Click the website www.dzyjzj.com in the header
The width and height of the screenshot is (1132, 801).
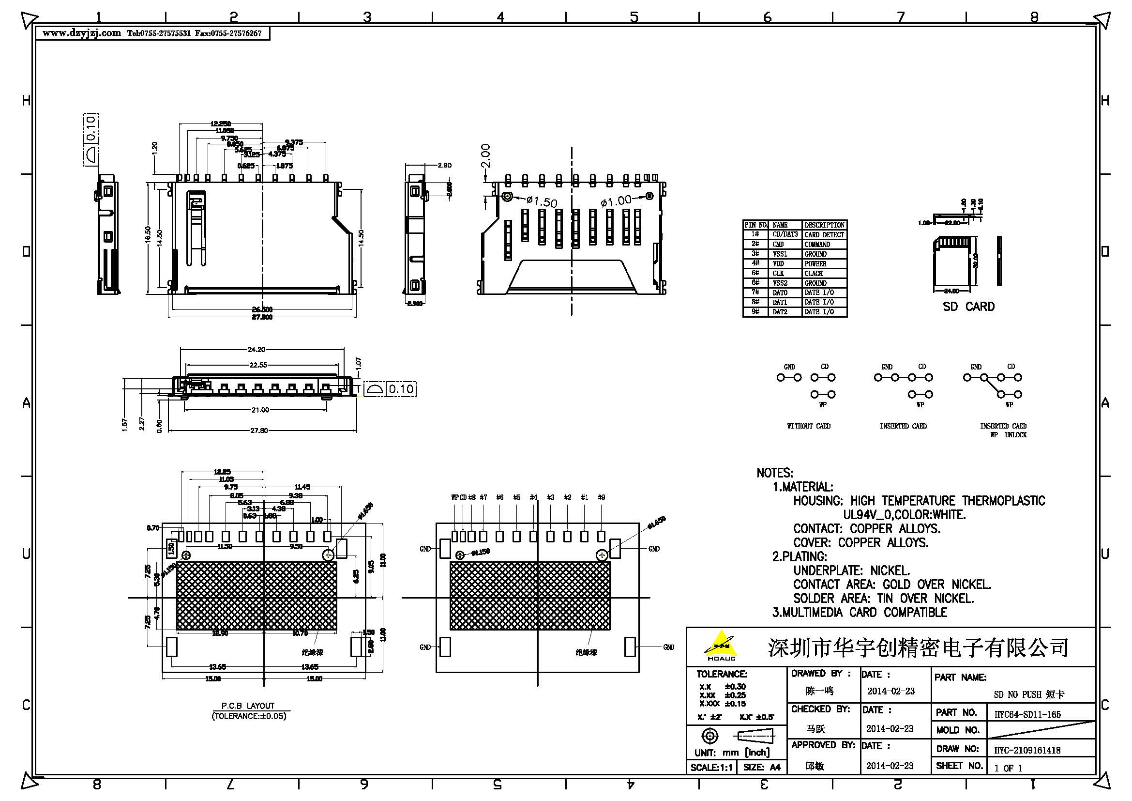[81, 33]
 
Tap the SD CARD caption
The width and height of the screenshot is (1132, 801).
[968, 307]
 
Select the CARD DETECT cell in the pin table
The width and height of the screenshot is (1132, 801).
[824, 235]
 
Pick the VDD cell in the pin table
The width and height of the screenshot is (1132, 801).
[779, 264]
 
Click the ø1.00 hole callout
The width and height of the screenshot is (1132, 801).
[616, 201]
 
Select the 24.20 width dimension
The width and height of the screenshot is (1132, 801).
[257, 350]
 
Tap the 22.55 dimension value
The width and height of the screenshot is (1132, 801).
[258, 365]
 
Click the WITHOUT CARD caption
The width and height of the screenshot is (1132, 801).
[809, 426]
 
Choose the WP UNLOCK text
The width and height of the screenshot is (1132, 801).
[1008, 435]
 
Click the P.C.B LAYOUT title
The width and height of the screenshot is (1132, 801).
[248, 706]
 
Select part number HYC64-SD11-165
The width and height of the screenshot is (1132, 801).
[1027, 714]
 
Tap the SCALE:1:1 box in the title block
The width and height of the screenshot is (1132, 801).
[711, 768]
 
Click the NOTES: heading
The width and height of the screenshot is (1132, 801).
[774, 473]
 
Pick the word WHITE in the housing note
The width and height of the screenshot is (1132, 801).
[946, 515]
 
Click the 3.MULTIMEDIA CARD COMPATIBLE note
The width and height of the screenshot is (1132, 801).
[860, 613]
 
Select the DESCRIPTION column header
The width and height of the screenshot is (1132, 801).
[824, 225]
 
